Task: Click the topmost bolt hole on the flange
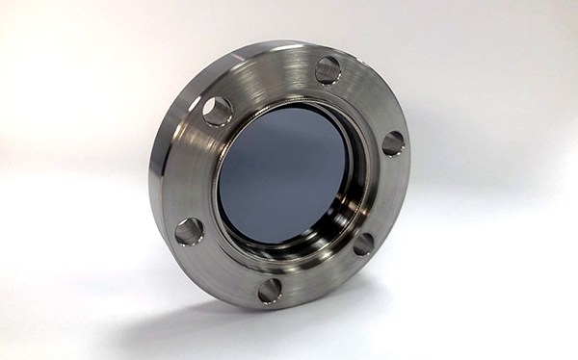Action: click(x=328, y=69)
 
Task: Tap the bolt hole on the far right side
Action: click(x=393, y=143)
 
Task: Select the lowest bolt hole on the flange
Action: click(x=271, y=289)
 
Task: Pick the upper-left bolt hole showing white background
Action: click(x=217, y=111)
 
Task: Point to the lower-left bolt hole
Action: click(x=189, y=231)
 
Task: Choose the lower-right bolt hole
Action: click(x=363, y=244)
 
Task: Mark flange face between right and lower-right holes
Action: click(x=385, y=197)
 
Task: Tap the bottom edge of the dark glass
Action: click(x=275, y=241)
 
